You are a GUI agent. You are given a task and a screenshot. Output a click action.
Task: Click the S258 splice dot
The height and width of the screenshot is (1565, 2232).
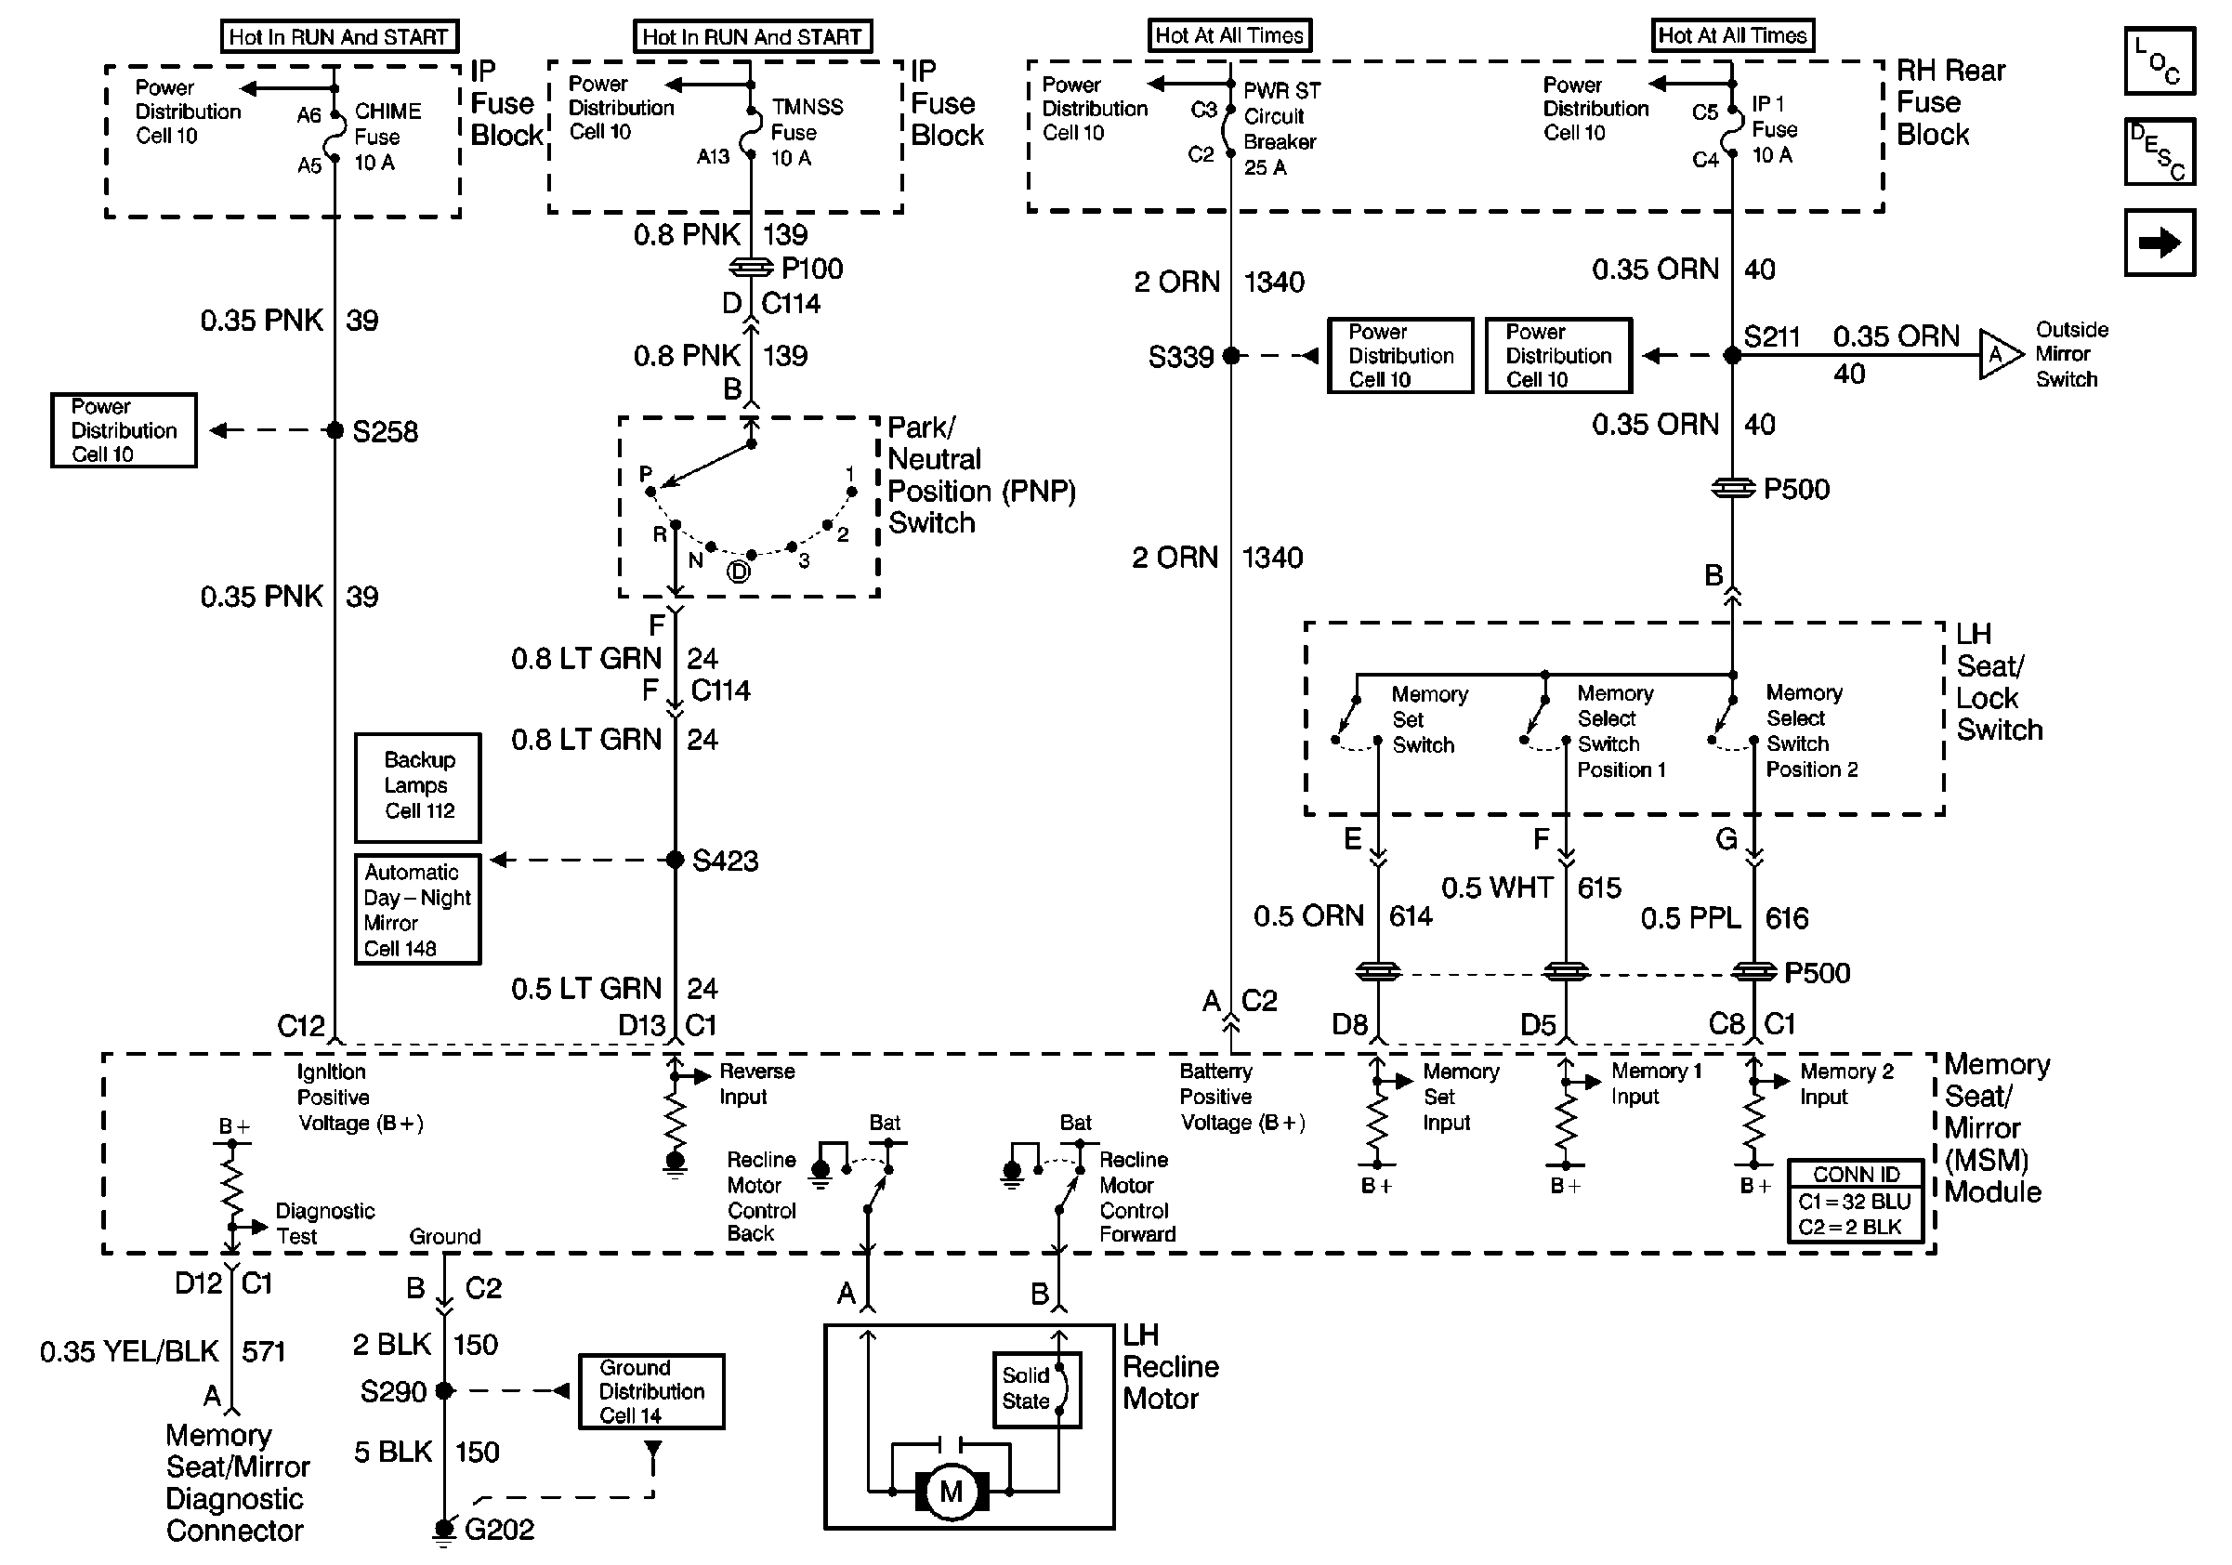click(335, 429)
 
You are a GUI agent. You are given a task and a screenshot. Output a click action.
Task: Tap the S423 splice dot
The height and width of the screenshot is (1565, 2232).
click(675, 860)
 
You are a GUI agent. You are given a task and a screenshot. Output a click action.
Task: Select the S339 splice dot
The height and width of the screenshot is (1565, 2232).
click(1230, 356)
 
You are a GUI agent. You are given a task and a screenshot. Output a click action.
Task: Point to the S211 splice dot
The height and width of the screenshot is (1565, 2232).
click(1732, 356)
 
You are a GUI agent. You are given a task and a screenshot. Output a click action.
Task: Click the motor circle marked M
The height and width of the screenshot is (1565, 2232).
click(951, 1492)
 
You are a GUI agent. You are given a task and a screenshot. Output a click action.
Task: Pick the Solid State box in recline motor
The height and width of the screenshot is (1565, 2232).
click(1036, 1390)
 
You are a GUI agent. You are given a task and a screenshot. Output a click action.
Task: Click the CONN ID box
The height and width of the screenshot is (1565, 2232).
click(1856, 1201)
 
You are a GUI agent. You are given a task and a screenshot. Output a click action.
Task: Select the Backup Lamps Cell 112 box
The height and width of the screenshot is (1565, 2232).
click(418, 787)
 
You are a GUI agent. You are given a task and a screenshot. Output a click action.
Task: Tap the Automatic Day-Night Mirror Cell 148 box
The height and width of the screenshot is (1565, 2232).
click(418, 910)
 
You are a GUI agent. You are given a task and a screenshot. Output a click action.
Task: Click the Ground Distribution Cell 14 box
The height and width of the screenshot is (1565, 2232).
click(651, 1391)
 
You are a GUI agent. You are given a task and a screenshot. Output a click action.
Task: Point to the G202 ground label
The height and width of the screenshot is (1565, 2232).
click(500, 1529)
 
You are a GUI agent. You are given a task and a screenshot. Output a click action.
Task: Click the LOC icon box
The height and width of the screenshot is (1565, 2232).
click(2160, 61)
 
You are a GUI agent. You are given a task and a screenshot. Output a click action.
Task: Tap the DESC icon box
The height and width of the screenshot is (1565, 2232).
click(2160, 151)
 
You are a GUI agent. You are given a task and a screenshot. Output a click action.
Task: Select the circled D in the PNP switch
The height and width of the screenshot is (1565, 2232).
click(739, 572)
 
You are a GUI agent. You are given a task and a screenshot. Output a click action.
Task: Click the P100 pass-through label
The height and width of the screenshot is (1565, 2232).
click(812, 269)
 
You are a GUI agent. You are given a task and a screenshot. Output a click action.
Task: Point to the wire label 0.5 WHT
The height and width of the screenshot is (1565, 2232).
click(1497, 888)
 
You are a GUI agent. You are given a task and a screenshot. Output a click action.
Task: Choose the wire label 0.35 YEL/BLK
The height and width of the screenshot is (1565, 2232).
click(129, 1351)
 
